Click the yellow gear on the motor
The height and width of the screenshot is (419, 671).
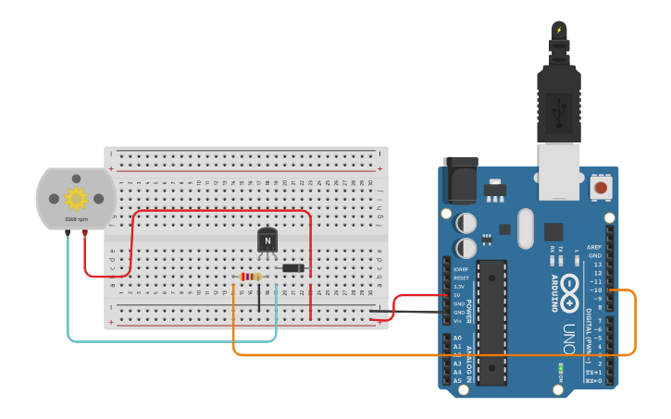(76, 197)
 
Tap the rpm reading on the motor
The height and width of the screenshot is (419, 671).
(76, 219)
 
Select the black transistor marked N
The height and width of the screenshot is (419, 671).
(267, 240)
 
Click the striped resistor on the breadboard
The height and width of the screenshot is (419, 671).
(250, 277)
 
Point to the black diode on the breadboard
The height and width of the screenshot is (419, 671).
(293, 268)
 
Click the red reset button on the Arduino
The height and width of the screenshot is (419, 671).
(602, 188)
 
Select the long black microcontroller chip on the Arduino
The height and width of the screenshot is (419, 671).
(491, 321)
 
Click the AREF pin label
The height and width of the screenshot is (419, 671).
(594, 247)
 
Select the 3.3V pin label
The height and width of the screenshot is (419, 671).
(459, 287)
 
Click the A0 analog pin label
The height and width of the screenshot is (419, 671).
(457, 338)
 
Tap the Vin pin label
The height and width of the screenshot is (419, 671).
(457, 321)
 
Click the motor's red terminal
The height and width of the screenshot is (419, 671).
(85, 233)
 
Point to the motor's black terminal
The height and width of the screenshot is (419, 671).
(68, 233)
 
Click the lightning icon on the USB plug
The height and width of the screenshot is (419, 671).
(558, 30)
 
